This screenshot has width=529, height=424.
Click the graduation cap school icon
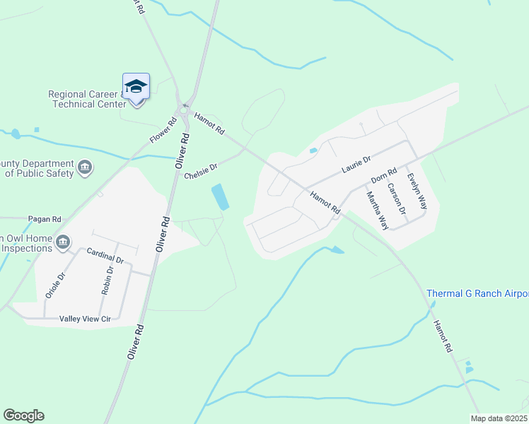(136, 87)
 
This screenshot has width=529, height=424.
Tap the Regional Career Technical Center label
(85, 99)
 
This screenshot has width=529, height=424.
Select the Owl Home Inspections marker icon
(63, 242)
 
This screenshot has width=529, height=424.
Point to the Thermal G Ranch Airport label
(477, 293)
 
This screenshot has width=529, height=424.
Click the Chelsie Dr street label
(200, 172)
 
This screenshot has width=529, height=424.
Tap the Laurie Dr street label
(356, 165)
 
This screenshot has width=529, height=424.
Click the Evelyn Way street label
(418, 192)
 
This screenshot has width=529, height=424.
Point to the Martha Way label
(377, 210)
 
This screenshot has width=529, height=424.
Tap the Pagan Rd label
(45, 219)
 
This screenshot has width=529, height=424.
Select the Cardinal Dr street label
(105, 255)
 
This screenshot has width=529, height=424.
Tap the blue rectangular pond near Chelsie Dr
(220, 196)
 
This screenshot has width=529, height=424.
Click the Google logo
(23, 416)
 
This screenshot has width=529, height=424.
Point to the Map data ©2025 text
(499, 418)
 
